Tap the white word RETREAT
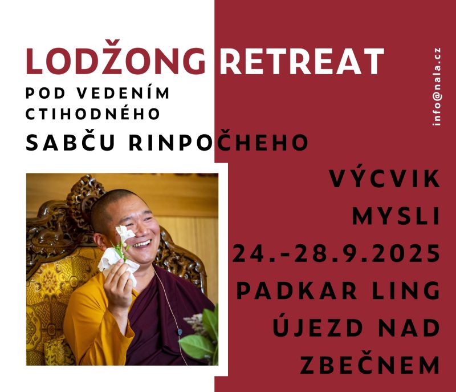point(302,61)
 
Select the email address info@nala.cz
point(437,86)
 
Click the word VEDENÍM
point(123,93)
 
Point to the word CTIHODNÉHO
point(93,114)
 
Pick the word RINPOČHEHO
point(218,142)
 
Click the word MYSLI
point(396,216)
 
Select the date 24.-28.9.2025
point(336,253)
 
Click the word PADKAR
point(296,290)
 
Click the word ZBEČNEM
point(370,365)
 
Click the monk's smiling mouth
point(142,244)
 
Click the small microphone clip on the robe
point(180,332)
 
